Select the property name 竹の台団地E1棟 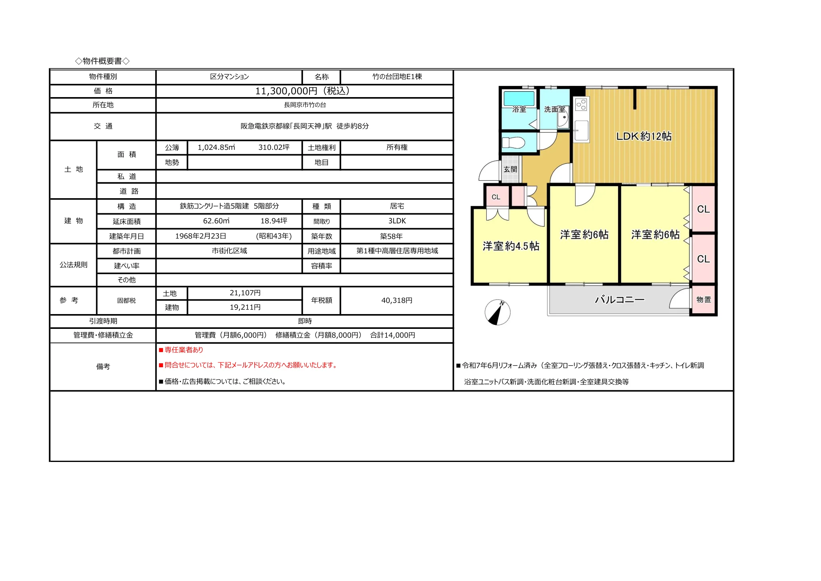coord(397,77)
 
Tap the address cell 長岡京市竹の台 coord(305,105)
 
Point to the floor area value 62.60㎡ coord(216,221)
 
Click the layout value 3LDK coord(397,221)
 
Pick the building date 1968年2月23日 coord(200,236)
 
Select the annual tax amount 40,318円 coord(397,300)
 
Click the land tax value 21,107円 coord(245,293)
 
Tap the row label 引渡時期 coord(103,321)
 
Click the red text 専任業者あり coord(184,350)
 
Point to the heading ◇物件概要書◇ coord(102,61)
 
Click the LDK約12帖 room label coord(644,136)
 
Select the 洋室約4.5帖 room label coord(511,246)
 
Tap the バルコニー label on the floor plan coord(619,300)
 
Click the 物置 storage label coord(704,300)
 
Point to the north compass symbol coord(497,312)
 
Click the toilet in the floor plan coord(513,143)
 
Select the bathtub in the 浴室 coord(519,99)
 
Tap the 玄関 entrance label coord(510,169)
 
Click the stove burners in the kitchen coord(581,105)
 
